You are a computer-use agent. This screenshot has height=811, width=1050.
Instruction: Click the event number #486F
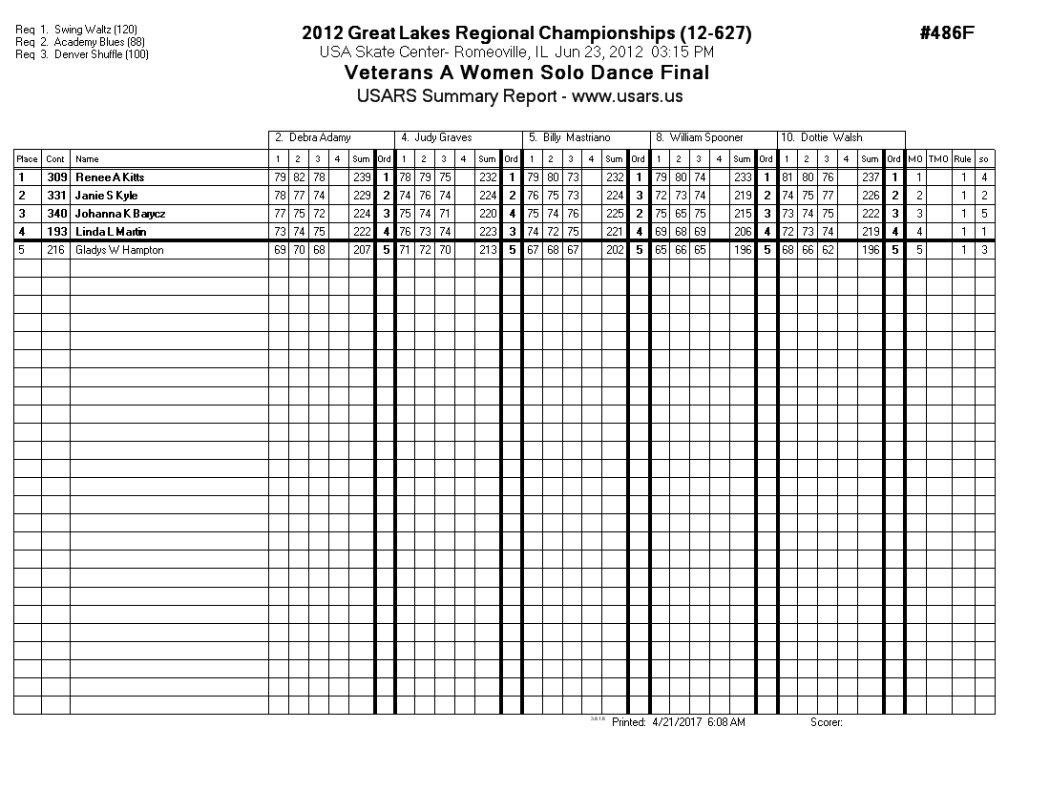pyautogui.click(x=946, y=33)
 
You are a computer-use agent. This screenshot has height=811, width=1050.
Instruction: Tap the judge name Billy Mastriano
pyautogui.click(x=576, y=137)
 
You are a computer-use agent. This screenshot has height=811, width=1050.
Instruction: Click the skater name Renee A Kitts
pyautogui.click(x=110, y=177)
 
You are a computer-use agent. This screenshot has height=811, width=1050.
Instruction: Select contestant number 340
pyautogui.click(x=56, y=214)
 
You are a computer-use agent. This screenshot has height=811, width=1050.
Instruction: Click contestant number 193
pyautogui.click(x=56, y=232)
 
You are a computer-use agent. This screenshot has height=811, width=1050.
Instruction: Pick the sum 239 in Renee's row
pyautogui.click(x=362, y=177)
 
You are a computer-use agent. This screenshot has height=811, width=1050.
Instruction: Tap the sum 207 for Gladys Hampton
pyautogui.click(x=362, y=250)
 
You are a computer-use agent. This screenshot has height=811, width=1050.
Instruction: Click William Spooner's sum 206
pyautogui.click(x=743, y=232)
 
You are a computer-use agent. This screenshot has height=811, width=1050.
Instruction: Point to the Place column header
pyautogui.click(x=27, y=159)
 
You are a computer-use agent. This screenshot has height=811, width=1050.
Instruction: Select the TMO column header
pyautogui.click(x=939, y=159)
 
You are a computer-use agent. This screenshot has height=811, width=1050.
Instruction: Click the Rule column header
pyautogui.click(x=963, y=159)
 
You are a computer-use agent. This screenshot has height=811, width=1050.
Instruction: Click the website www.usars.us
pyautogui.click(x=627, y=96)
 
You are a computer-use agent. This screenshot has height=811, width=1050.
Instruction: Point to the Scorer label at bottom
pyautogui.click(x=826, y=722)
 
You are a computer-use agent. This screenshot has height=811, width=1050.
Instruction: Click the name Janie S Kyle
pyautogui.click(x=107, y=196)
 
